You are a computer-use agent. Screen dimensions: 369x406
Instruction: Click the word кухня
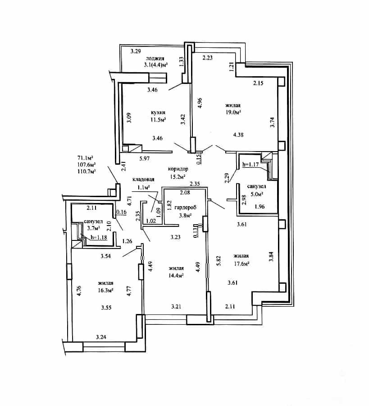pyautogui.click(x=158, y=113)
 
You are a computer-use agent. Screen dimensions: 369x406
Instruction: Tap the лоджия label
pyautogui.click(x=155, y=59)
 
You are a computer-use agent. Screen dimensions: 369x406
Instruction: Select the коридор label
pyautogui.click(x=178, y=169)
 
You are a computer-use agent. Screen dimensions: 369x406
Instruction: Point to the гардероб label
pyautogui.click(x=186, y=208)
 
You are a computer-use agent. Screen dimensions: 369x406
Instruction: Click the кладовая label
pyautogui.click(x=144, y=180)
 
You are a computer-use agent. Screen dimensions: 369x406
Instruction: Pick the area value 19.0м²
pyautogui.click(x=233, y=112)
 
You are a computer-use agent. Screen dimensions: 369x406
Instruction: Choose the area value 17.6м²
pyautogui.click(x=241, y=263)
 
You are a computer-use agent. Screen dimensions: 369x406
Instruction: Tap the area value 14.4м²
pyautogui.click(x=176, y=276)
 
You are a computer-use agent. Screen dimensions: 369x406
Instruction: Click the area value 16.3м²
pyautogui.click(x=106, y=290)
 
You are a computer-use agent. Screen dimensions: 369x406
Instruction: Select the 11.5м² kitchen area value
pyautogui.click(x=158, y=120)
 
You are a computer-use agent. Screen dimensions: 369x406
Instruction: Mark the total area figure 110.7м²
pyautogui.click(x=87, y=171)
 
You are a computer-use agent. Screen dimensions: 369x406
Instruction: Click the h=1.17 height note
pyautogui.click(x=251, y=164)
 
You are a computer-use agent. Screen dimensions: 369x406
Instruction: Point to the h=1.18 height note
pyautogui.click(x=99, y=237)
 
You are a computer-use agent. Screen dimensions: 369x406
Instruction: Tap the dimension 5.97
pyautogui.click(x=145, y=158)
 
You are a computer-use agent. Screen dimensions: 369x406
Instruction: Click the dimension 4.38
pyautogui.click(x=238, y=134)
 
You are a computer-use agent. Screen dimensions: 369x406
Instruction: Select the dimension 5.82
pyautogui.click(x=219, y=261)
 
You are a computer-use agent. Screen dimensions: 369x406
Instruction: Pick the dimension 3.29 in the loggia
pyautogui.click(x=136, y=51)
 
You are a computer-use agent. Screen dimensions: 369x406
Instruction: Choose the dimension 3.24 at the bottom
pyautogui.click(x=101, y=337)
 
